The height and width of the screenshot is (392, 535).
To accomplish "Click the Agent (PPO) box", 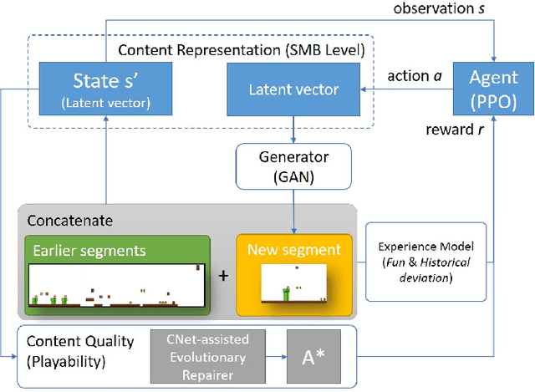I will pos(493,89).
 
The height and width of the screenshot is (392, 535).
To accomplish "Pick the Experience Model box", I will pos(425,262).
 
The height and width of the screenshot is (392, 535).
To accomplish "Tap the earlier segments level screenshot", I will pos(117,286).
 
